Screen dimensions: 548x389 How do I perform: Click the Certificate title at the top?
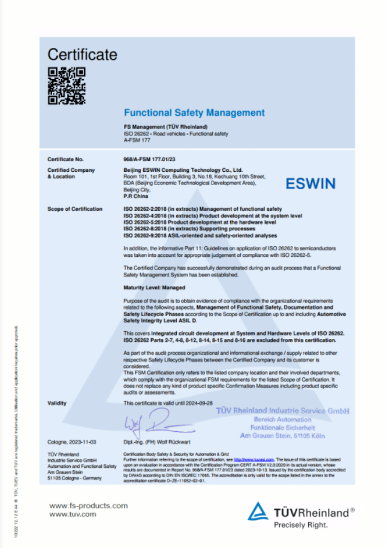82,55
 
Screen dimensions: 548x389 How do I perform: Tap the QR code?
67,86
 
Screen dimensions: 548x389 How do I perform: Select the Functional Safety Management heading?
194,113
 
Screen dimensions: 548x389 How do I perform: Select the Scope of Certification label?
74,209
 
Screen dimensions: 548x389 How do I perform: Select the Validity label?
57,404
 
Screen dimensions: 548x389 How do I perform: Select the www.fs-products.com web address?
88,506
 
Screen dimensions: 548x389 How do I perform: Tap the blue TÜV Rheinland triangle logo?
258,511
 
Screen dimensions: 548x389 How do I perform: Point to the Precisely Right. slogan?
301,525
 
